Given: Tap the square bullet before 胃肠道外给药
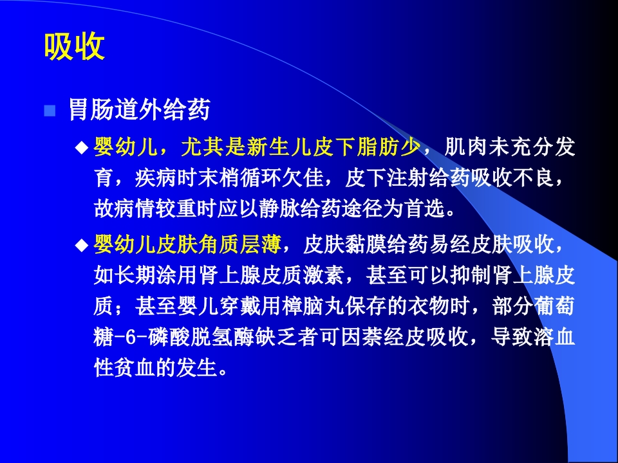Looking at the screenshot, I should coord(49,111).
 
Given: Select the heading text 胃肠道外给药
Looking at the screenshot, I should coord(139,110).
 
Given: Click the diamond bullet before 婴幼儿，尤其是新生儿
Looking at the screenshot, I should coord(81,149).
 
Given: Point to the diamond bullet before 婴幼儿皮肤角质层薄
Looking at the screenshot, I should coord(81,245).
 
